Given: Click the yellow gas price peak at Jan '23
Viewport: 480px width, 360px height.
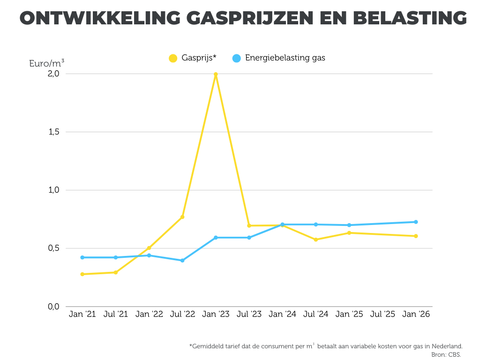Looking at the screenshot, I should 216,74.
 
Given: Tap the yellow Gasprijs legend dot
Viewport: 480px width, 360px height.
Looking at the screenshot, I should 173,59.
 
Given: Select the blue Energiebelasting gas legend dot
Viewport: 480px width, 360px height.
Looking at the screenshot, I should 237,59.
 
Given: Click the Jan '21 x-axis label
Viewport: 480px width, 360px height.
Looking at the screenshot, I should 82,315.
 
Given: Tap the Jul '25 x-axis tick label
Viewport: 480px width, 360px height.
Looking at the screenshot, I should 382,315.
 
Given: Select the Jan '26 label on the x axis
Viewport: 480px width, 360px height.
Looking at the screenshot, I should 416,315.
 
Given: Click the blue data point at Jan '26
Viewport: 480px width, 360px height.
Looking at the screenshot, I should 416,222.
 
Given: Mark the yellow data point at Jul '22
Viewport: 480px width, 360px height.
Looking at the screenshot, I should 182,217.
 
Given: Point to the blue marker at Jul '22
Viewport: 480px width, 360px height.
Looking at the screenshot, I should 182,260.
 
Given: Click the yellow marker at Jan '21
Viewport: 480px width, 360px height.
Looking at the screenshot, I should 82,274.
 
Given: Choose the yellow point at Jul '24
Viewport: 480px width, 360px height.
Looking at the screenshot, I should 316,240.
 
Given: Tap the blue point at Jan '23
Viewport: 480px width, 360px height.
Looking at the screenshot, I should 216,238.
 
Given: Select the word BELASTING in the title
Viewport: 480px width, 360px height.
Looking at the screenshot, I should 409,18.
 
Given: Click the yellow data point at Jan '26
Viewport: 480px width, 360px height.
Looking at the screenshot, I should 416,236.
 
